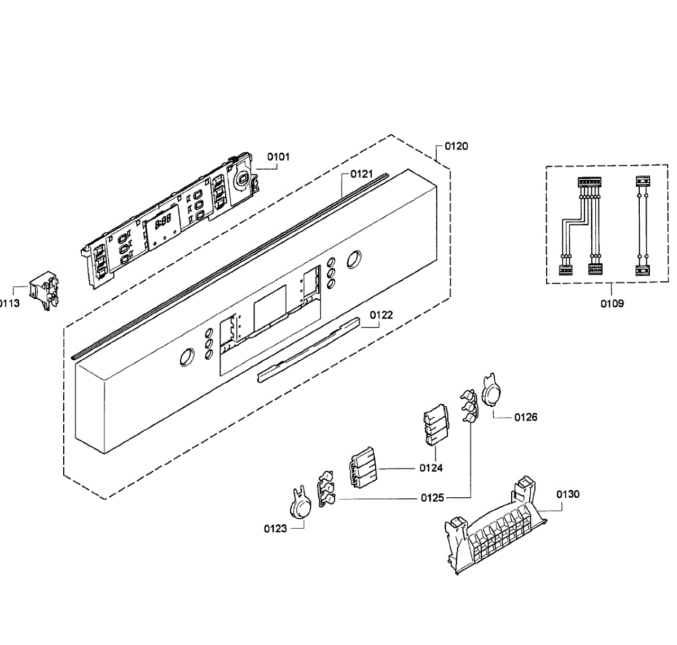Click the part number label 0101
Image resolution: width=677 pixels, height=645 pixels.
click(278, 157)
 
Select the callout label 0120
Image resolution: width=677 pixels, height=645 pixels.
click(456, 147)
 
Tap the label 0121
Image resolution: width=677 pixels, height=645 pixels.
click(361, 174)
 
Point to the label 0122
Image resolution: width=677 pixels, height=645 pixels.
click(381, 315)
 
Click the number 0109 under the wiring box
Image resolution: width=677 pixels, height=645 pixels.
click(612, 304)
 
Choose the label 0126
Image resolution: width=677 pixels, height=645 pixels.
click(526, 417)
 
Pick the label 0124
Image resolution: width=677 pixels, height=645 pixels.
click(431, 468)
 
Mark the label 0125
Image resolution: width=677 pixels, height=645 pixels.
click(433, 498)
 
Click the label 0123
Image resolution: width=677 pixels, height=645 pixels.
click(275, 529)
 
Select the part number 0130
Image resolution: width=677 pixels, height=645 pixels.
click(568, 494)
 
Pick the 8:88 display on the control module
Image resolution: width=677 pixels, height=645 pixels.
click(163, 221)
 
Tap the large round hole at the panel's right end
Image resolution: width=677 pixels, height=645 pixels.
click(354, 259)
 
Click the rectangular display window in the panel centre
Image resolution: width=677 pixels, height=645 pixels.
click(270, 307)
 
